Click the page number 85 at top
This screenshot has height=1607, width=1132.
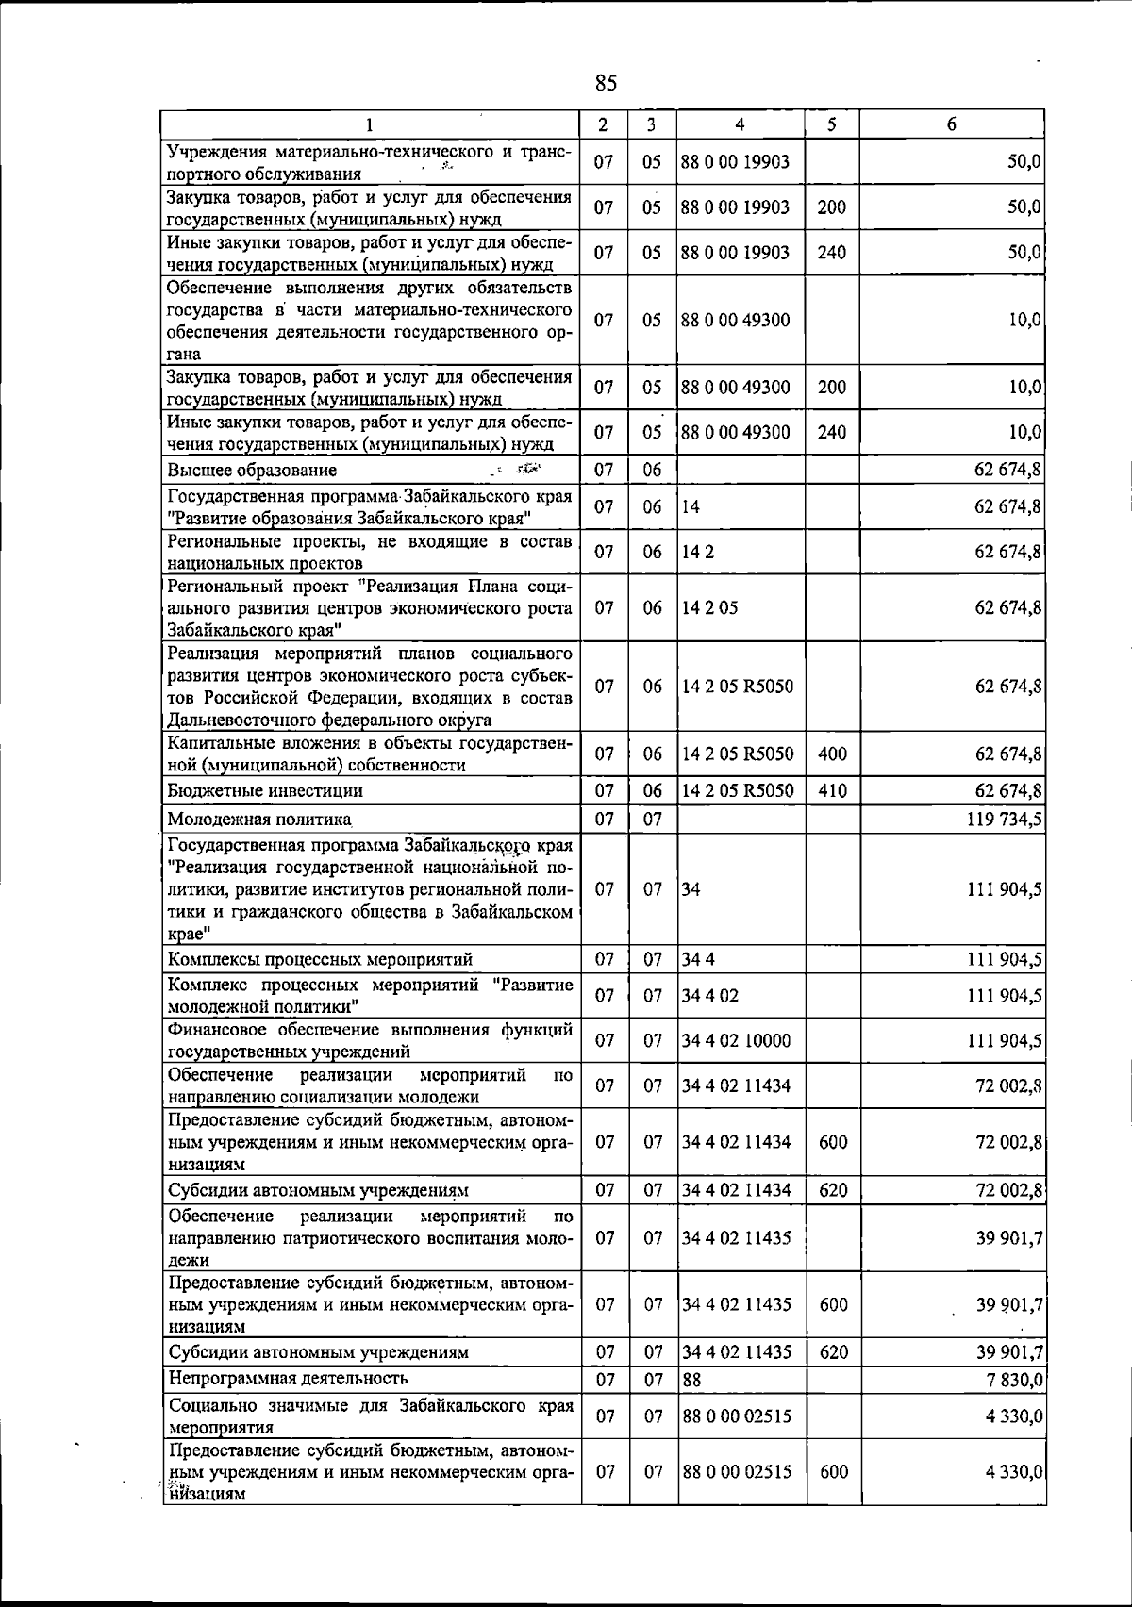[606, 84]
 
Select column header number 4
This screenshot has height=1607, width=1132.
[740, 124]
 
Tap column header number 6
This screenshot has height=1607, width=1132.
[952, 124]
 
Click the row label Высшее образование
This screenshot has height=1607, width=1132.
[252, 470]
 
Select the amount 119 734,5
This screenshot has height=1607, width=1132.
[1004, 819]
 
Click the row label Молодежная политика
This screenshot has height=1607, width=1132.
[259, 819]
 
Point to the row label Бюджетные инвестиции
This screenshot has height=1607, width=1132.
[265, 790]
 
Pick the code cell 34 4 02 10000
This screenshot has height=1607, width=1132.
[737, 1041]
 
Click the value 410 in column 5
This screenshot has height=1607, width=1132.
[832, 790]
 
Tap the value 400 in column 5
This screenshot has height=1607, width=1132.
[832, 754]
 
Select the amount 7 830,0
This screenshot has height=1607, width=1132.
[1014, 1380]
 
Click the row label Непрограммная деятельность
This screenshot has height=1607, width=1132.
[288, 1379]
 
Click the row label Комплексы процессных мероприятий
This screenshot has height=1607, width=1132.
[320, 960]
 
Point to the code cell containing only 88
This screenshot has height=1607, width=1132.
[691, 1380]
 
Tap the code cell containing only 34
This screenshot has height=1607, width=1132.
[691, 889]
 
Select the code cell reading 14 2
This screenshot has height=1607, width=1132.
[698, 552]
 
